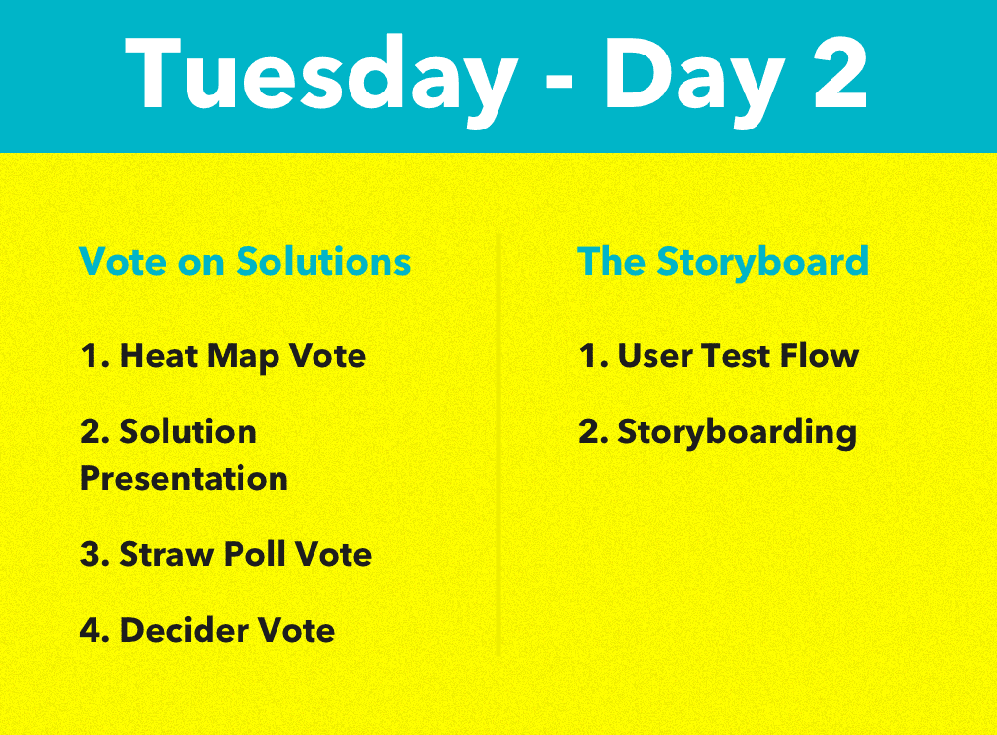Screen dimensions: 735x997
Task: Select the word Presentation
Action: (183, 478)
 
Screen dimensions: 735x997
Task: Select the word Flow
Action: (823, 355)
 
